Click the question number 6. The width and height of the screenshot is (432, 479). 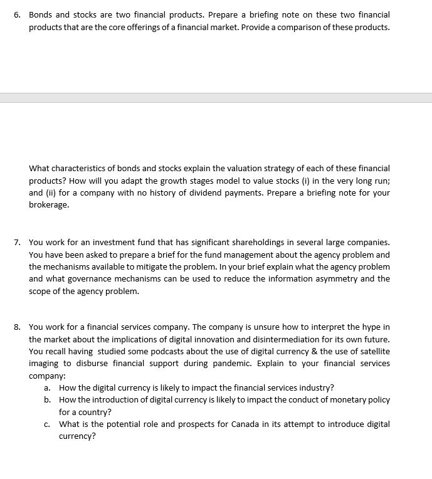click(x=18, y=14)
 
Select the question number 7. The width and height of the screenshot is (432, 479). click(x=18, y=242)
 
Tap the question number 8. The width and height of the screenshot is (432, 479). click(x=18, y=327)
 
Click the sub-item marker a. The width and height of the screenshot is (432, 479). click(x=47, y=388)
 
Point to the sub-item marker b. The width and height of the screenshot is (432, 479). click(x=47, y=400)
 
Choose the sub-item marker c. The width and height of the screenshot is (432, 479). click(x=47, y=424)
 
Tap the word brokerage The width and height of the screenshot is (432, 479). click(x=48, y=205)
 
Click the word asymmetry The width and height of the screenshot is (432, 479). click(x=335, y=279)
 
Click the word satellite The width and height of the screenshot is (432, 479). click(x=372, y=352)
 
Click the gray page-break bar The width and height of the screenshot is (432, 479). click(x=216, y=98)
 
